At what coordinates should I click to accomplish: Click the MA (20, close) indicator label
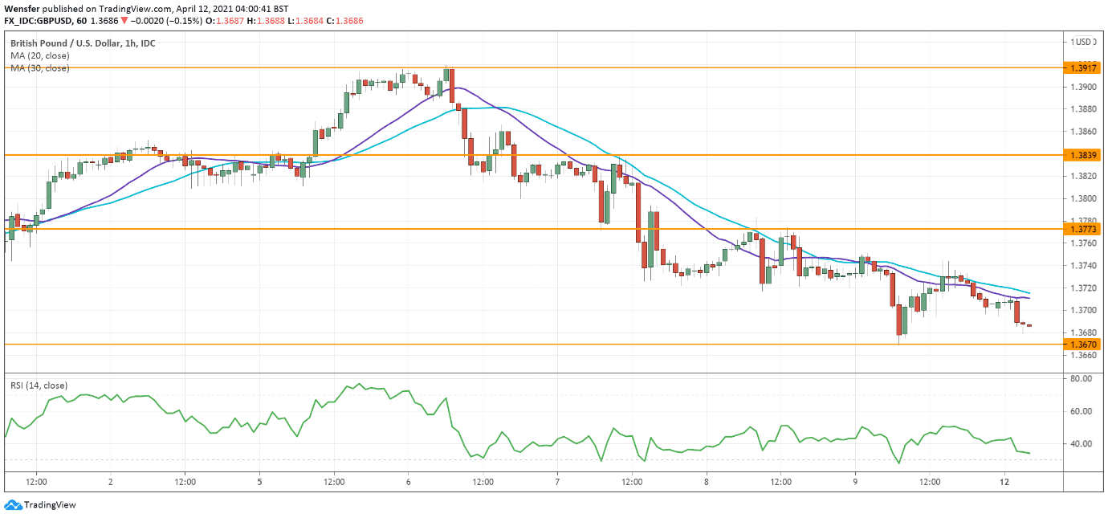[x=39, y=55]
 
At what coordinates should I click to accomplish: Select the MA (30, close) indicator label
[x=39, y=68]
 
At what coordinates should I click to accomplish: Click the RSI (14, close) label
[x=39, y=385]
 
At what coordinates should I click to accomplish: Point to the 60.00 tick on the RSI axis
[x=1081, y=411]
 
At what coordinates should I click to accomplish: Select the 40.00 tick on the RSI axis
[x=1081, y=443]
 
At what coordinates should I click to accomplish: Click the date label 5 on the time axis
[x=259, y=483]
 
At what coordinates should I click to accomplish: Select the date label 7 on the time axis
[x=557, y=483]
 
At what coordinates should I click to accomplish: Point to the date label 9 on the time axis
[x=855, y=483]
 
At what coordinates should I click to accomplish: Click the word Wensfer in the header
[x=23, y=7]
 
